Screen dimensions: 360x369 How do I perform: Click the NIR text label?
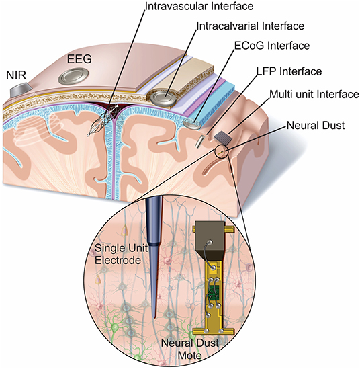pos(16,76)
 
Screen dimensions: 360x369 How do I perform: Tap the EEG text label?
pos(79,59)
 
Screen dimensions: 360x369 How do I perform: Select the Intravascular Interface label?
pos(199,6)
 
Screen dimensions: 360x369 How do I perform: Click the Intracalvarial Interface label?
pos(251,26)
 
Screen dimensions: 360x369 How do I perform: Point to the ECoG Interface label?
pos(272,46)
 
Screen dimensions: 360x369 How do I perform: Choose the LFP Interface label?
pos(289,71)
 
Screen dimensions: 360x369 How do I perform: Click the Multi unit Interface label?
pos(314,94)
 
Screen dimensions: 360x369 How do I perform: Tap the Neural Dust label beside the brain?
pos(316,125)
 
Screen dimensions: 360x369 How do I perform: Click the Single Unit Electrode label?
pos(121,254)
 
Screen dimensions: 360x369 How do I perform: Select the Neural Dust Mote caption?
pos(190,349)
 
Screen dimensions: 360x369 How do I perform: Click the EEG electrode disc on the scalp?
pos(73,76)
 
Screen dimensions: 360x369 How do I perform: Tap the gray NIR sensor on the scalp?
pos(21,89)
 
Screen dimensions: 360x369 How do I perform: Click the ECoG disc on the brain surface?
pos(192,124)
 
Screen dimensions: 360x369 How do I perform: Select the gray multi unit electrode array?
pos(223,137)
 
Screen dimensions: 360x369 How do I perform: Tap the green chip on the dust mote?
pos(214,292)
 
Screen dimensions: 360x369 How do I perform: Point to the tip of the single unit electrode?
pos(154,317)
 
